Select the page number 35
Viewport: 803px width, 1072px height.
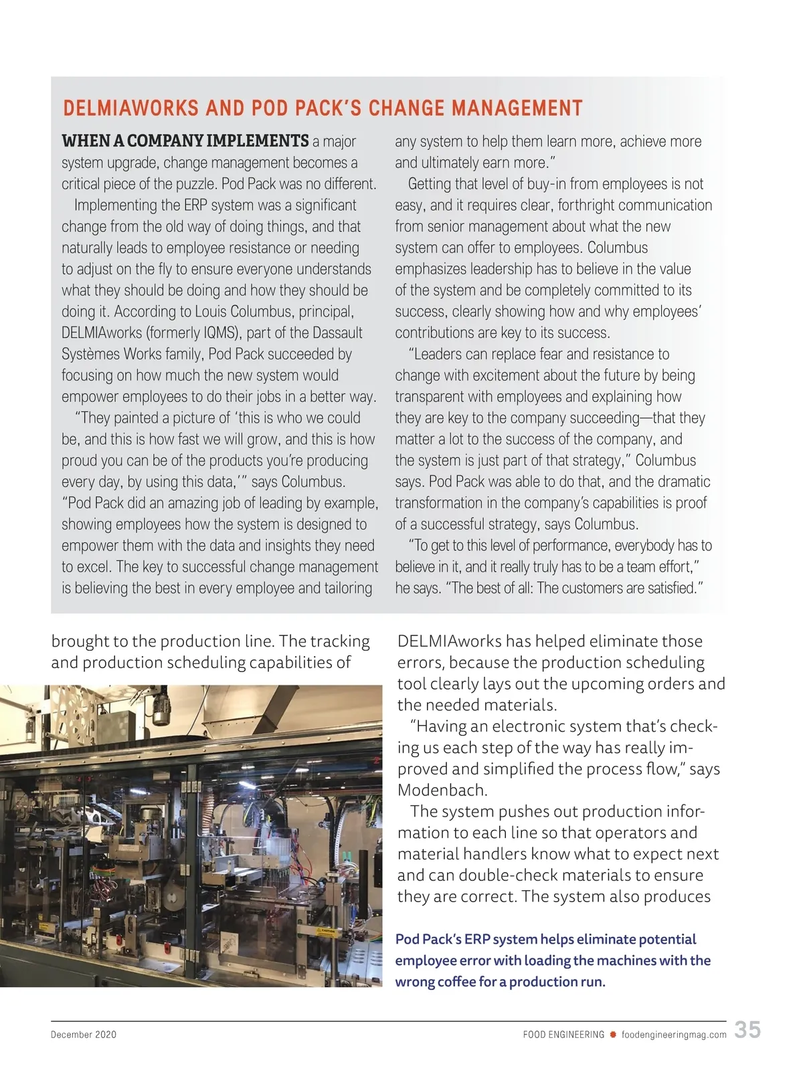747,1029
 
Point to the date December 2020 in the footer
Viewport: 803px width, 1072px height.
84,1035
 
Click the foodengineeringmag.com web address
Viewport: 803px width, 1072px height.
674,1035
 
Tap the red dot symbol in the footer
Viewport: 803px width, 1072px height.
612,1035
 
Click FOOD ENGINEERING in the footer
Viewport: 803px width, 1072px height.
563,1035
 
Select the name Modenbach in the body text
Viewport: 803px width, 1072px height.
442,790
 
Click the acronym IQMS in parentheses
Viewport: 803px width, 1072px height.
217,333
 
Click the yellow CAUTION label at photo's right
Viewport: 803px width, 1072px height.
327,930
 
